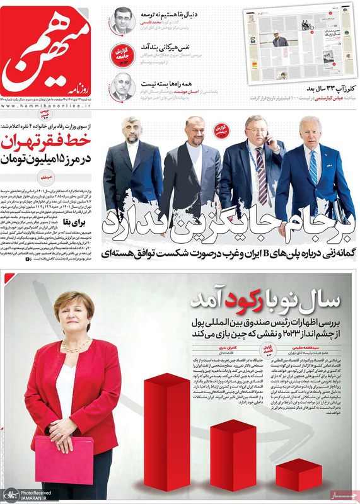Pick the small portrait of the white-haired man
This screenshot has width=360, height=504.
tap(121, 87)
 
